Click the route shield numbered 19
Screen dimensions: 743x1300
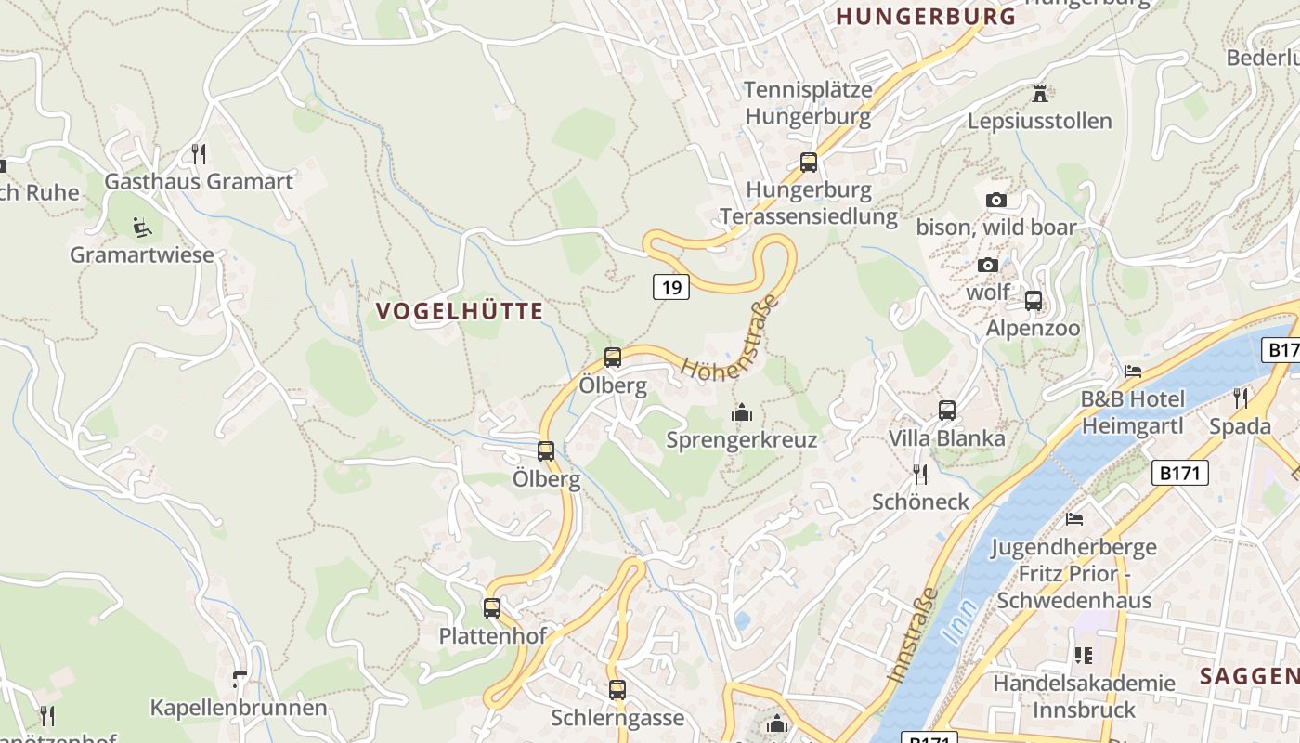tap(670, 287)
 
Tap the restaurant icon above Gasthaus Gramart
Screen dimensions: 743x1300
tap(198, 153)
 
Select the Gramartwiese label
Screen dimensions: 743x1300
tap(142, 254)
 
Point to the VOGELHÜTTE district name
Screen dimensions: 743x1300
tap(460, 311)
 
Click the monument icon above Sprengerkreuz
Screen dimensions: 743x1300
tap(741, 411)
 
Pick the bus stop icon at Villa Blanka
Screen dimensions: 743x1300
tap(946, 410)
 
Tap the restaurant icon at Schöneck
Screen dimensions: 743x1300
tap(919, 474)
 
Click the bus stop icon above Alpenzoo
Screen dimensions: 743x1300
tap(1033, 301)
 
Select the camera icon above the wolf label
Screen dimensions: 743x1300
tap(988, 266)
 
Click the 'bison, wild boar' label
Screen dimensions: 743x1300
tap(996, 228)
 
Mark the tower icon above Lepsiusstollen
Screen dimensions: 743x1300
tap(1039, 94)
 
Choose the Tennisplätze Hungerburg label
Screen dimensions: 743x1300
tap(808, 103)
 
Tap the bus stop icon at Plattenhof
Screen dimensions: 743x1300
tap(491, 608)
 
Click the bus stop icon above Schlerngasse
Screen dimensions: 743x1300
tap(617, 690)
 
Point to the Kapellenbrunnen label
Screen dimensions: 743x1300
tap(239, 708)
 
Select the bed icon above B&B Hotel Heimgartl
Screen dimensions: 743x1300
tap(1133, 371)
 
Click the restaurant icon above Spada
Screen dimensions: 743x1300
tap(1240, 398)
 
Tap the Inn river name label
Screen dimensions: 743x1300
tap(958, 623)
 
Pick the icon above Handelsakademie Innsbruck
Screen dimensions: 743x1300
tap(1083, 656)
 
